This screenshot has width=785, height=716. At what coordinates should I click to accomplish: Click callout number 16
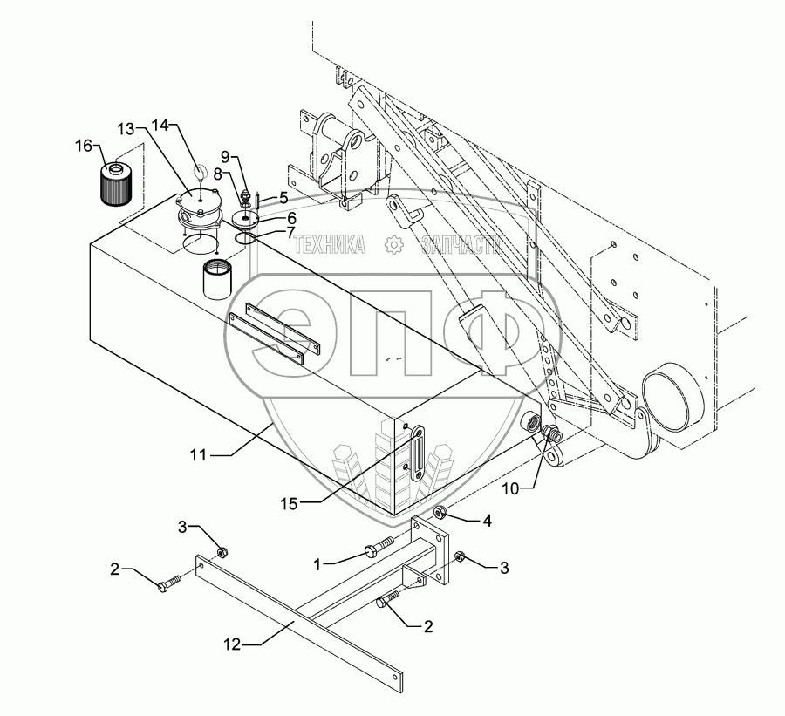coord(83,146)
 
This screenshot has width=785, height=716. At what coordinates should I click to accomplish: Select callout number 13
coord(127,129)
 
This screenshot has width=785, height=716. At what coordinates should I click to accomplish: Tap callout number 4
coord(488,521)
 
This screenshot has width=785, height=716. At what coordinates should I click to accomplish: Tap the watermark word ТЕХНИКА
coord(330,246)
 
